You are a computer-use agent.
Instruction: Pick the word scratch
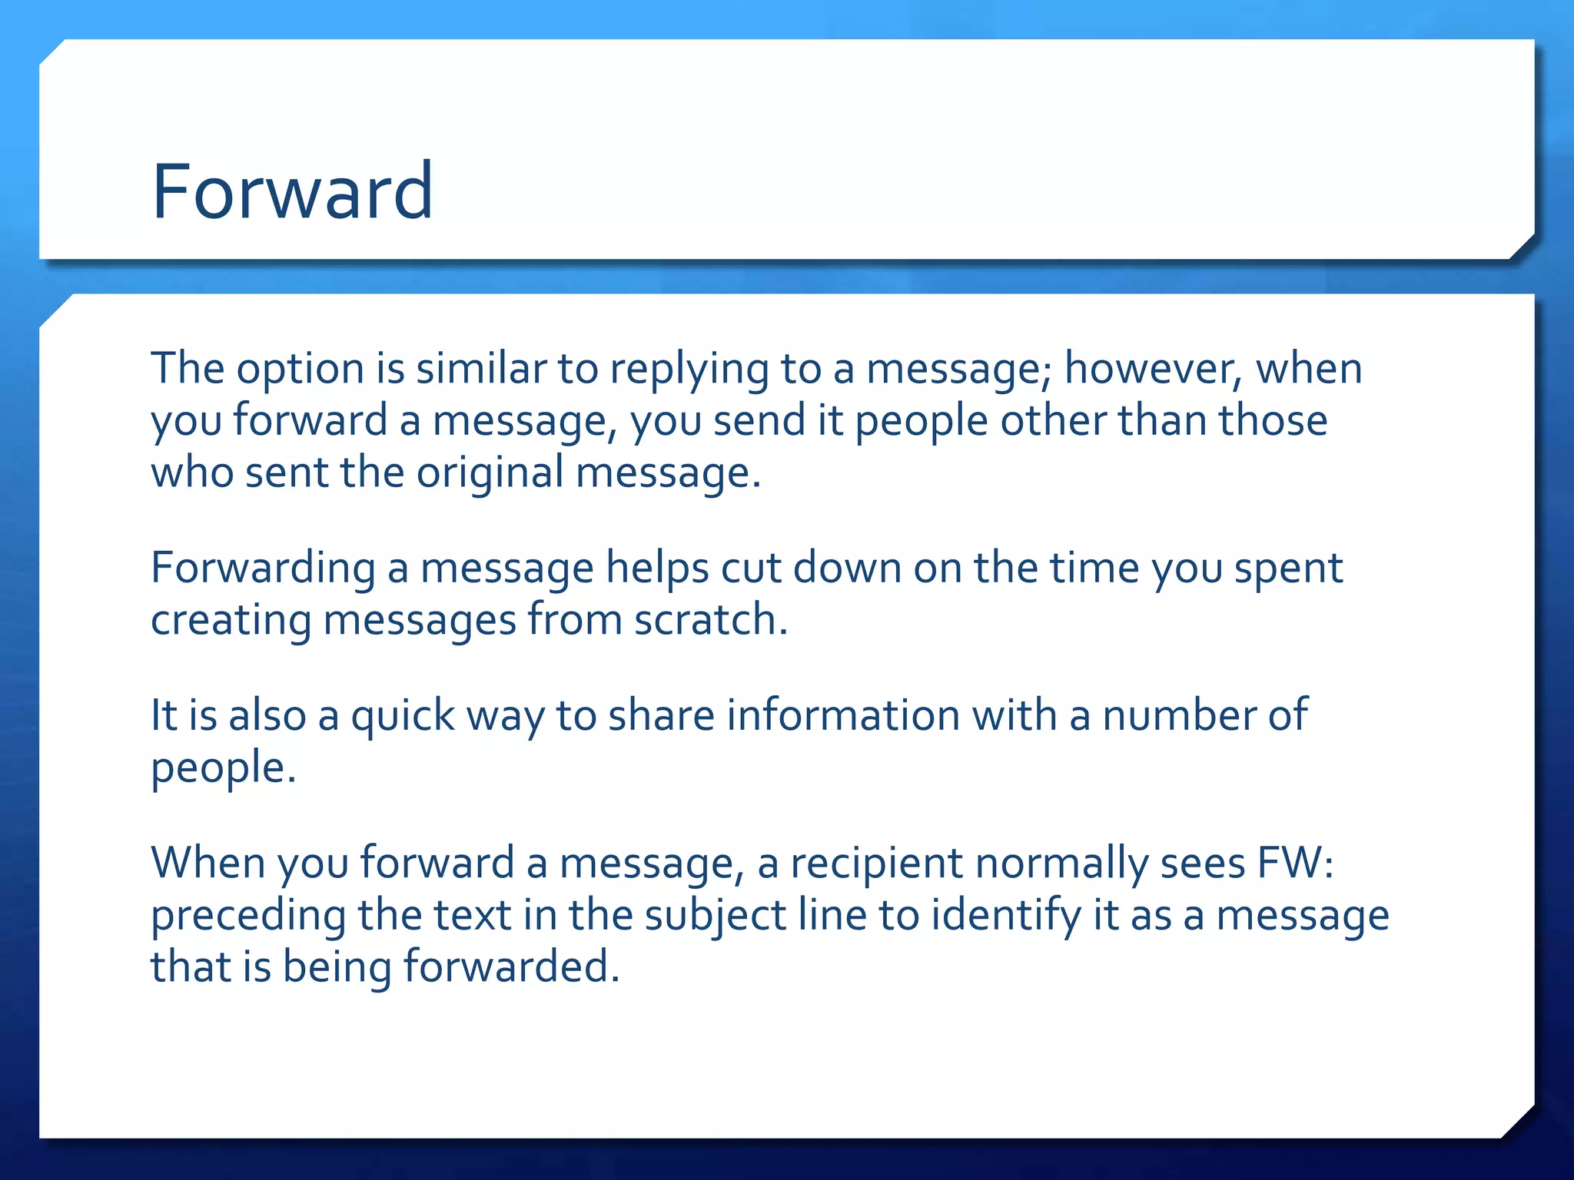pos(710,619)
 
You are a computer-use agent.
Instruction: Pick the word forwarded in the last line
pos(511,966)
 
